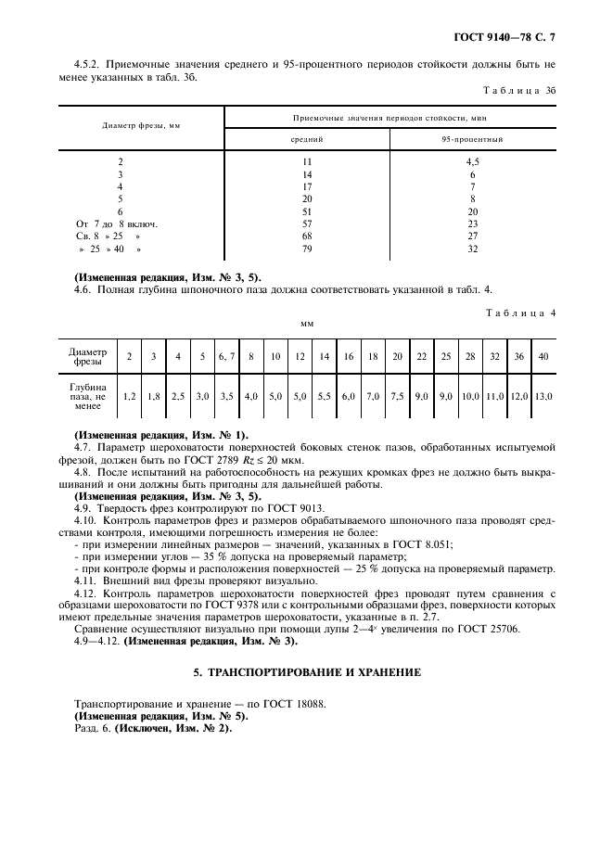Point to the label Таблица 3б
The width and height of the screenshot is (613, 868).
(521, 91)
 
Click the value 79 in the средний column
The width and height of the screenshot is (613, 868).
(307, 249)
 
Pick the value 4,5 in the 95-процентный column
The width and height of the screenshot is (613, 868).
(472, 161)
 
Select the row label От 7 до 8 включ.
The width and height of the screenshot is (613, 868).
(117, 224)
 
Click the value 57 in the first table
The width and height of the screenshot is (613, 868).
(307, 224)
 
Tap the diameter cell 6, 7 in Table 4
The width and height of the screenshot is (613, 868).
(226, 356)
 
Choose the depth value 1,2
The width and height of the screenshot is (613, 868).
(130, 396)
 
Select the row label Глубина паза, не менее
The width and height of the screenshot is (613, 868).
(88, 396)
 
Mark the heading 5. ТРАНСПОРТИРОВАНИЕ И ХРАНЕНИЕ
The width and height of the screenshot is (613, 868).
(306, 671)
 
